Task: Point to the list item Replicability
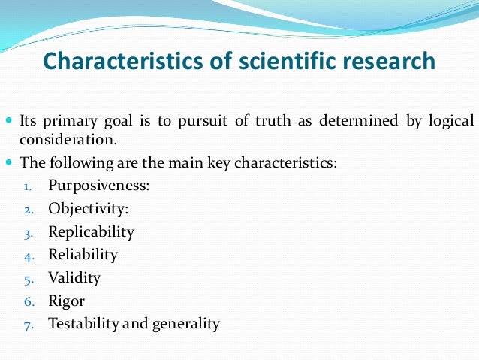point(92,231)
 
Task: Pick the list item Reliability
point(83,255)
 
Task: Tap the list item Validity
point(74,278)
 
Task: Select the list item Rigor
point(67,301)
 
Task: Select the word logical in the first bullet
point(450,121)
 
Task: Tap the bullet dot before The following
point(8,162)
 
